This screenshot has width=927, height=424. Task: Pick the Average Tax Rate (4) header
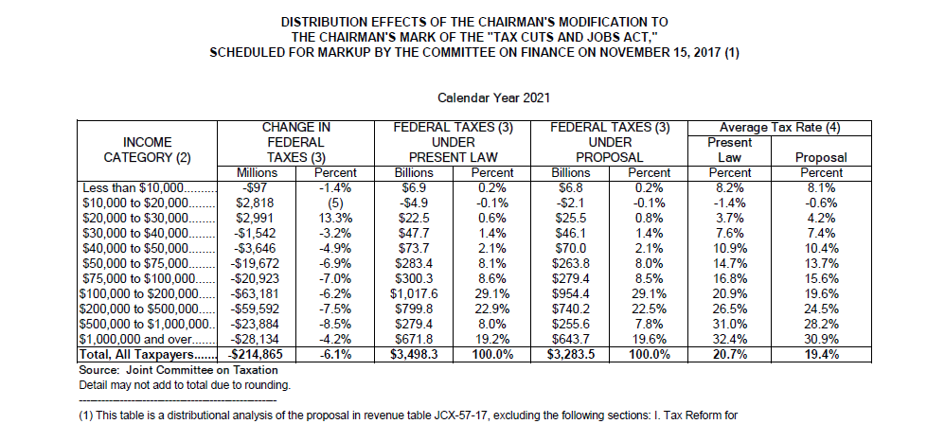click(780, 128)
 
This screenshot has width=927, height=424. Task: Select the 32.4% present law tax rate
click(730, 338)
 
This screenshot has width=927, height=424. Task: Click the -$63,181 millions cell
click(258, 293)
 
